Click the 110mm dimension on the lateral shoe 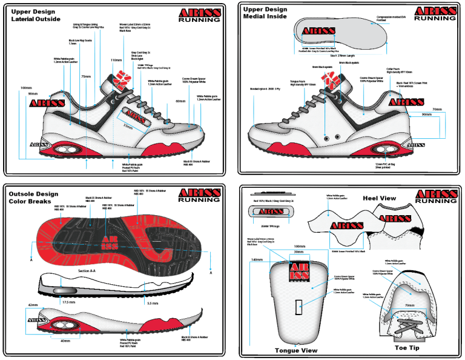point(116,61)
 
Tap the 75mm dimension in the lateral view point(86,77)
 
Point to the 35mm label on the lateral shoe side point(127,126)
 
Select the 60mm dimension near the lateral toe point(180,101)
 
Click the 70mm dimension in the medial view point(437,110)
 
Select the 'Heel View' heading point(379,198)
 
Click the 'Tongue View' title point(297,350)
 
